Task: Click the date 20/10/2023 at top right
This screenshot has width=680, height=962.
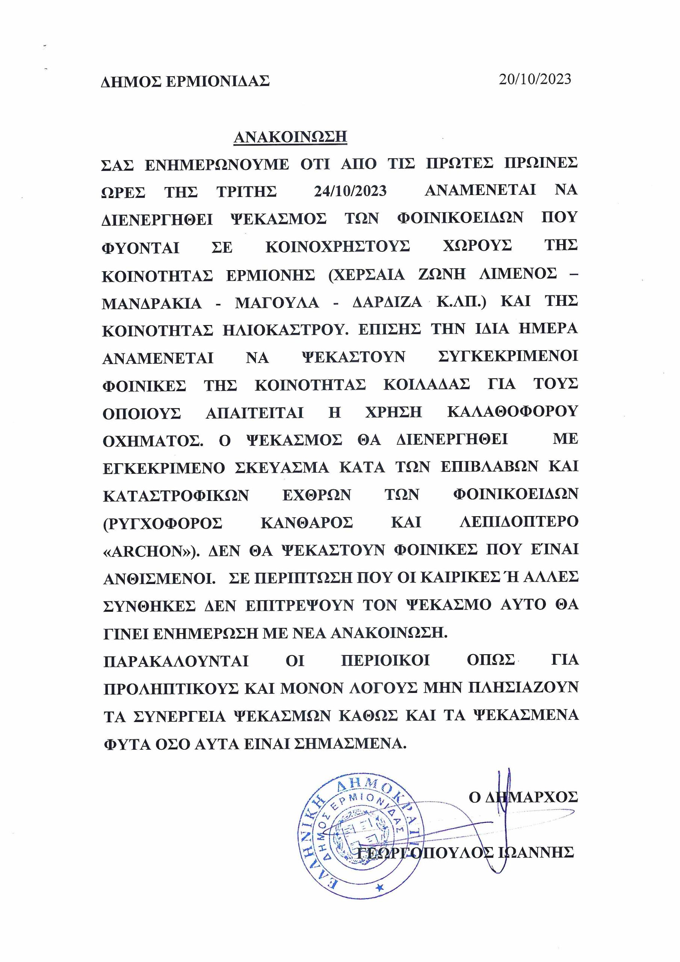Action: click(x=535, y=79)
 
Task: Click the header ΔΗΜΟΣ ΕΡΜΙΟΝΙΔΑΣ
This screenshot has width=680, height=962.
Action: click(x=185, y=81)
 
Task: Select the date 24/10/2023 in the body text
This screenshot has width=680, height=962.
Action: click(x=350, y=191)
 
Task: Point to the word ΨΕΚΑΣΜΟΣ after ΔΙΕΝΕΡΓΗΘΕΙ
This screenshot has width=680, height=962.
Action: click(x=279, y=219)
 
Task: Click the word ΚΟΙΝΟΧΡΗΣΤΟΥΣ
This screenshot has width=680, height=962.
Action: click(x=337, y=247)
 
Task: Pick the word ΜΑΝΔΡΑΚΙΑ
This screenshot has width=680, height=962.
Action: click(x=152, y=303)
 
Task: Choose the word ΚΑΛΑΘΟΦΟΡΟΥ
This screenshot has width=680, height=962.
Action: click(x=512, y=412)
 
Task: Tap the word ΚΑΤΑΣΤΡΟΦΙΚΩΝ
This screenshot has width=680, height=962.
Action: click(x=176, y=495)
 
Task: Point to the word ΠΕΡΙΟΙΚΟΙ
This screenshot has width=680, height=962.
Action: click(x=385, y=661)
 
